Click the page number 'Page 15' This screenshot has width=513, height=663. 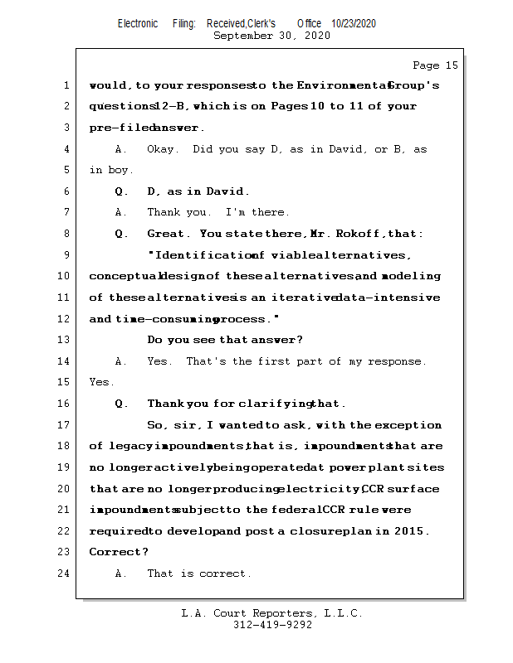pos(435,65)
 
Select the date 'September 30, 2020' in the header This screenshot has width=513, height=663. pos(271,36)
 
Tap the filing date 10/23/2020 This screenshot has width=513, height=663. pos(354,23)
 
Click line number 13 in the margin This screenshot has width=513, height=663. pos(66,340)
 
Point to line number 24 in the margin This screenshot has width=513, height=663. pos(66,573)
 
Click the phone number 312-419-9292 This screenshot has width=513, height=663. pos(273,626)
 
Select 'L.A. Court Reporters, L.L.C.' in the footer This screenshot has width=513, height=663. pos(271,614)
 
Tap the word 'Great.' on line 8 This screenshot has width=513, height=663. pos(167,234)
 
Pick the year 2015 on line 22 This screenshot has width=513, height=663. pos(410,531)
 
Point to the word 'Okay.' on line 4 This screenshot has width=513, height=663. pos(162,149)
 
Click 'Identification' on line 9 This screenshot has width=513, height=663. pos(200,255)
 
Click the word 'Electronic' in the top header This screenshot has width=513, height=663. pos(138,23)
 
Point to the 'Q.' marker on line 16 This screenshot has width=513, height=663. pos(121,404)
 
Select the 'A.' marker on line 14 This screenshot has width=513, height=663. pos(121,361)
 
